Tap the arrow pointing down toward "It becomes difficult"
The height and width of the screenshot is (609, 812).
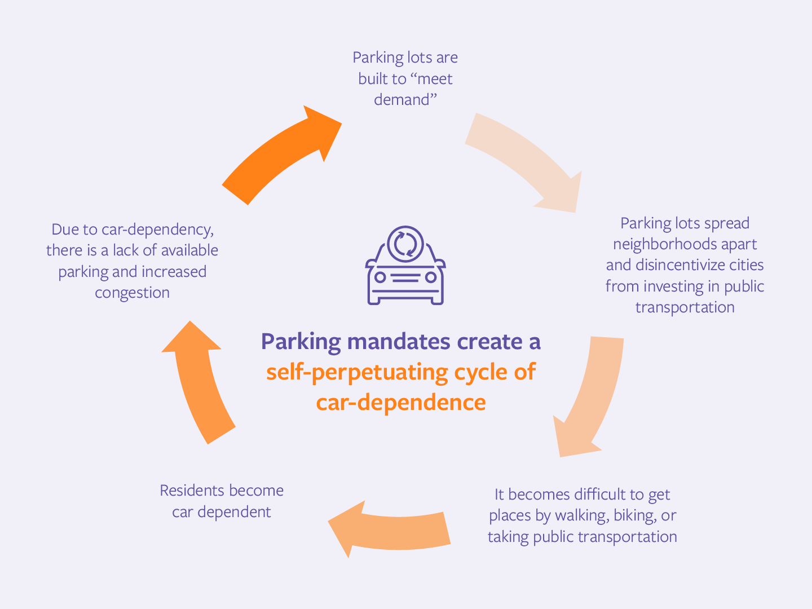click(592, 395)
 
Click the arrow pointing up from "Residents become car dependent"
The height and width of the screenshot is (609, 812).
click(200, 383)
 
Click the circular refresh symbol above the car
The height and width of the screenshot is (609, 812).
click(405, 244)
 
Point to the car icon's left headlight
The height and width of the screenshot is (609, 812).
click(381, 277)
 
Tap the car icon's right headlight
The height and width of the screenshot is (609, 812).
click(431, 277)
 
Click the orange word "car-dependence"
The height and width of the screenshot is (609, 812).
click(401, 403)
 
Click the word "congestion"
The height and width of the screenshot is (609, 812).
click(132, 293)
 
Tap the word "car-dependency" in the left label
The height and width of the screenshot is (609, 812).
click(157, 230)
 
